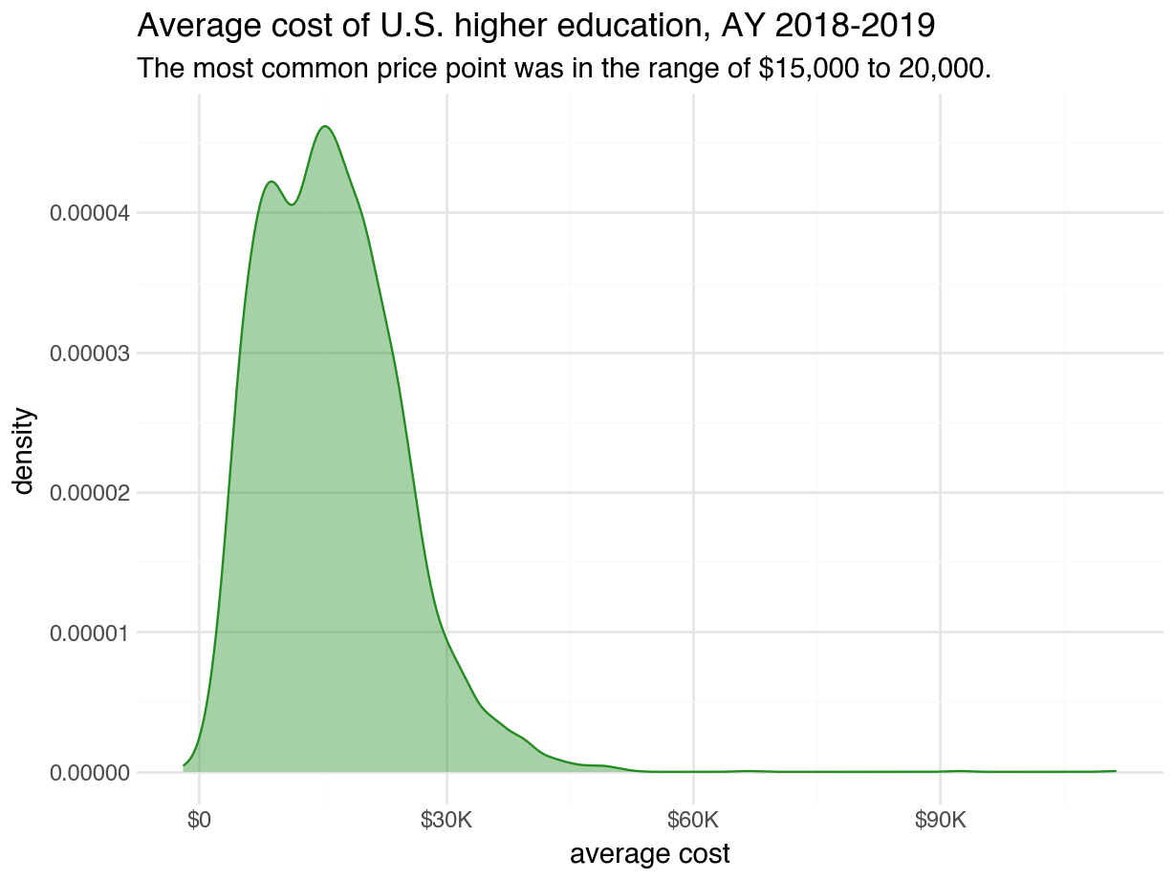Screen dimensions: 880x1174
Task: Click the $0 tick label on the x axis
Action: tap(199, 821)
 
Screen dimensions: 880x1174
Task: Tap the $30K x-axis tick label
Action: tap(446, 821)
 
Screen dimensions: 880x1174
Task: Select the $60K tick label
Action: tap(693, 821)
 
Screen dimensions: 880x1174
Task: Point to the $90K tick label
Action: tap(940, 821)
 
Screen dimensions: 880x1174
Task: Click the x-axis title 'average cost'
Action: tap(649, 853)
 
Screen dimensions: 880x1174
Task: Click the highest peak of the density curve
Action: tap(326, 126)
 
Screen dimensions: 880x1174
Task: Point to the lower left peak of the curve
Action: tap(272, 182)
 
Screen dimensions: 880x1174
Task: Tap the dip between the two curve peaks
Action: tap(293, 204)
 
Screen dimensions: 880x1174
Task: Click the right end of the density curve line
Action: tap(1115, 770)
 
